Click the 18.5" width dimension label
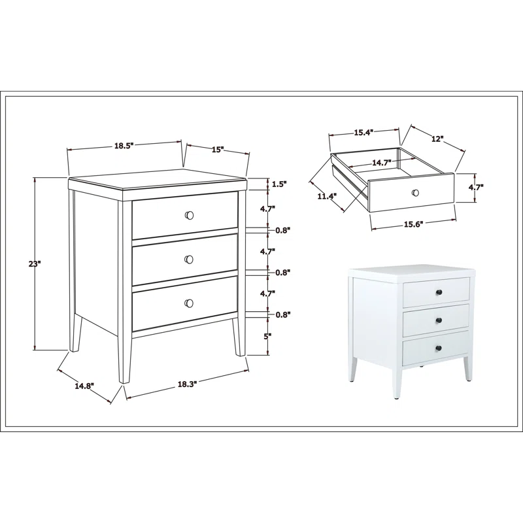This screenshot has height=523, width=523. point(124,146)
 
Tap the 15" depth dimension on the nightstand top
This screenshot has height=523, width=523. point(218,150)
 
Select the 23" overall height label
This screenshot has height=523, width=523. point(34,264)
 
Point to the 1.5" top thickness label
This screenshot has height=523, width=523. point(279,184)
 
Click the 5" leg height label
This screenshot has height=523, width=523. point(267,337)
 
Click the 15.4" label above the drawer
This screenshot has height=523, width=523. point(363,133)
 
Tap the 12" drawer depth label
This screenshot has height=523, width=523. point(437,139)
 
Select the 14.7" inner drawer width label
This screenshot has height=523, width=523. point(382,162)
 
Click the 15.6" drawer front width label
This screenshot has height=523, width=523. point(414,224)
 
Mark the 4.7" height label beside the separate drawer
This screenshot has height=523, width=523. point(476,188)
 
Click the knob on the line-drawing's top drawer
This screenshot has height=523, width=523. point(189,216)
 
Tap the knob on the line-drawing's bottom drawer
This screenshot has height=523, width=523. point(189,303)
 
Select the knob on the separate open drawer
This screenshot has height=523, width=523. point(415,193)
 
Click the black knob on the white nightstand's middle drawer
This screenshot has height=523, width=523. point(439,320)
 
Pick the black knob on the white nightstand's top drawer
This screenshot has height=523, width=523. point(439,292)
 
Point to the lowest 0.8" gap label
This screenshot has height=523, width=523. point(283,314)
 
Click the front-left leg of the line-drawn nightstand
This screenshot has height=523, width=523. point(124,292)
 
